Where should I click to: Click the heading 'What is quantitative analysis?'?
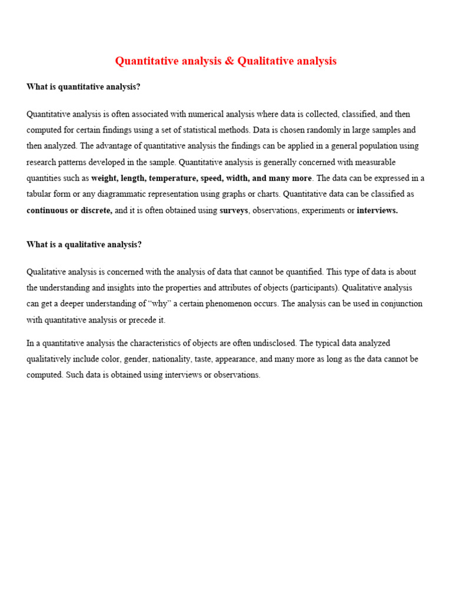tap(84, 87)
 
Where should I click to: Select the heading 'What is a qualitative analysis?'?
tap(84, 244)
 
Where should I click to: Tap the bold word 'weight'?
tap(104, 178)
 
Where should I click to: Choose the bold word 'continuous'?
tap(47, 210)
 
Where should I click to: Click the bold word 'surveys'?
tap(234, 210)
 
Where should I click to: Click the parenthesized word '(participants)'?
tap(315, 288)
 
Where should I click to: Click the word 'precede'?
tap(140, 320)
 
